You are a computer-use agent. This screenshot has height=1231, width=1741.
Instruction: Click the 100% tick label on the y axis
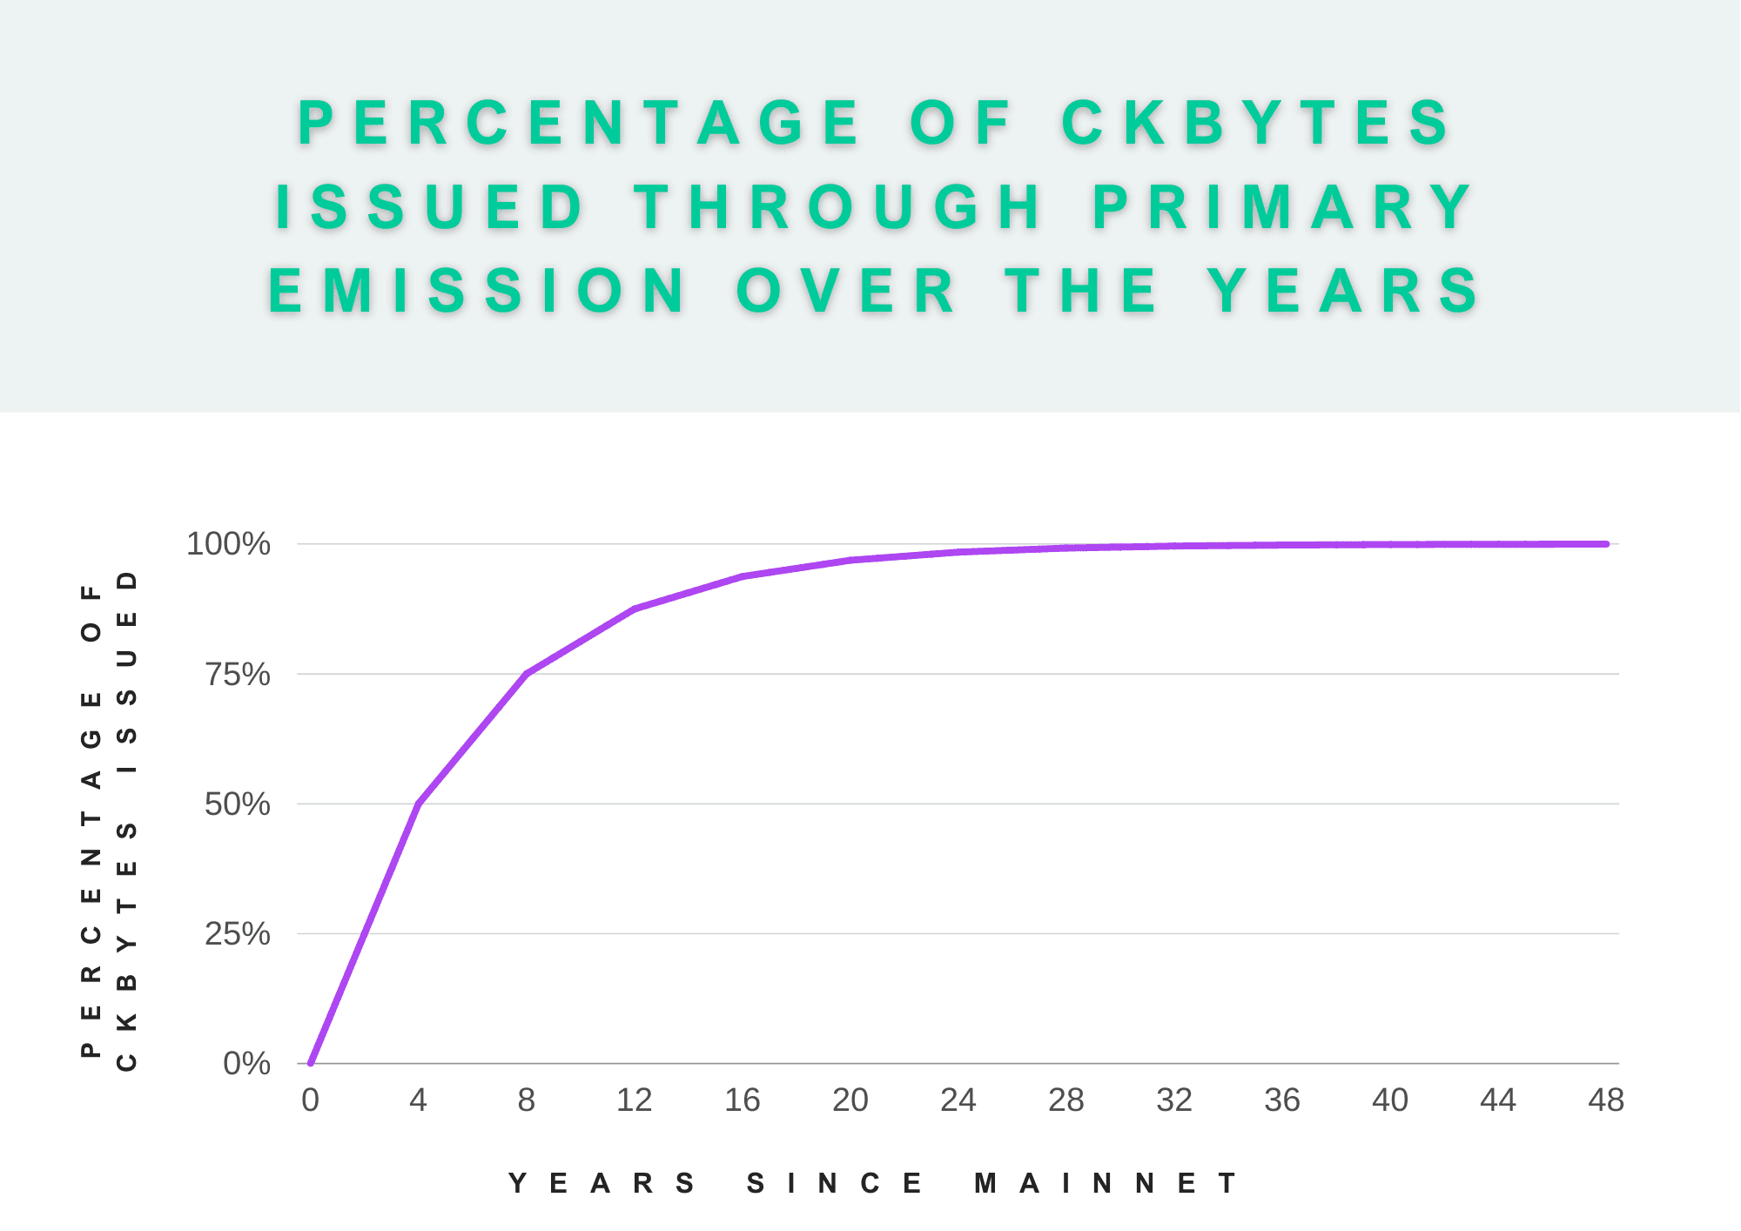coord(228,544)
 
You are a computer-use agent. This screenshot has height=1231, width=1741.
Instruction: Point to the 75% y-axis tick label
coord(237,675)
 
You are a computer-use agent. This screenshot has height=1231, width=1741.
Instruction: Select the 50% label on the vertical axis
coord(237,804)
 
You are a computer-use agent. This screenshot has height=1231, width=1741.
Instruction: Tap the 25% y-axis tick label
coord(237,934)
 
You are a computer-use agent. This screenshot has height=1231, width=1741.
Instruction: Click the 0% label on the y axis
coord(246,1064)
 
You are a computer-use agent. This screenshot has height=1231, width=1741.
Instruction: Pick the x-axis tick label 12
coord(634,1100)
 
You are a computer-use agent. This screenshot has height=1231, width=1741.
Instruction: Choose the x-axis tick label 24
coord(958,1100)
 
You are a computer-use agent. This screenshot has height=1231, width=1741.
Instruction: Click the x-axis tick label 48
coord(1606,1100)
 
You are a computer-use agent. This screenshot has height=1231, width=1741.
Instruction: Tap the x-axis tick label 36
coord(1282,1100)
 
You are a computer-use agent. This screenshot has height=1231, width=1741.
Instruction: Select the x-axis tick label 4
coord(418,1100)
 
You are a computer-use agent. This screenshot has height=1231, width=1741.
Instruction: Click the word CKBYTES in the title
coord(1255,123)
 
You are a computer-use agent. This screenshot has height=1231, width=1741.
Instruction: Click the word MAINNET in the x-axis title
coord(1106,1184)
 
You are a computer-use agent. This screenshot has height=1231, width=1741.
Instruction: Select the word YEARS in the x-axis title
coord(602,1184)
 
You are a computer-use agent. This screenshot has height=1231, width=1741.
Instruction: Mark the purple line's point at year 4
coord(419,804)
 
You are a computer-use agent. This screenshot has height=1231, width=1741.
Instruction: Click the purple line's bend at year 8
coord(527,673)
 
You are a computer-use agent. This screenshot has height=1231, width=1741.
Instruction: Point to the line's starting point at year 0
coord(311,1063)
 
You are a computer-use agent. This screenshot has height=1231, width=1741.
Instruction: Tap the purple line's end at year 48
coord(1606,544)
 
